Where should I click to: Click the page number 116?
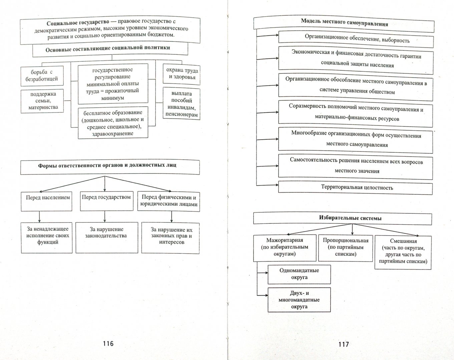point(108,343)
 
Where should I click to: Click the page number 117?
point(343,344)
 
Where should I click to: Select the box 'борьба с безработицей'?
point(42,76)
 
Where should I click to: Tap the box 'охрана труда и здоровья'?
point(182,74)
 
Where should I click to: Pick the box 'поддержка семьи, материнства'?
point(42,101)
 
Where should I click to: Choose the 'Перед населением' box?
point(47,201)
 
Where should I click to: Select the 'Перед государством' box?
point(106,201)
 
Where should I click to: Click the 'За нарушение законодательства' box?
point(106,238)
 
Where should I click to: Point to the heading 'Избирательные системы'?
point(343,218)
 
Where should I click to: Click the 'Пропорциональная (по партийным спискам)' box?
point(346,248)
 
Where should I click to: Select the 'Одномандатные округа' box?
point(299,274)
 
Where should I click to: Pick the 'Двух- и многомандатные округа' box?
point(299,300)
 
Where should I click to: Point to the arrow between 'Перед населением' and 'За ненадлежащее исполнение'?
point(39,217)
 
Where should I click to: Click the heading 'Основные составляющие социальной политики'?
point(108,49)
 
